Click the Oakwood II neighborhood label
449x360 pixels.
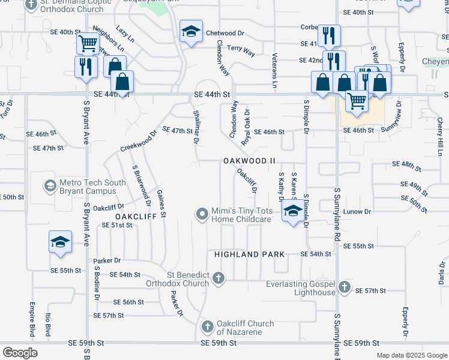(249, 161)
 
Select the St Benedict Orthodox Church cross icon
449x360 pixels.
(218, 278)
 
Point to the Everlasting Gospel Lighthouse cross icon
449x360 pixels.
(345, 287)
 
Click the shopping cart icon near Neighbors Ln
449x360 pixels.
(88, 43)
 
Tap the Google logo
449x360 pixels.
(20, 352)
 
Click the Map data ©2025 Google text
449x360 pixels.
(411, 355)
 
